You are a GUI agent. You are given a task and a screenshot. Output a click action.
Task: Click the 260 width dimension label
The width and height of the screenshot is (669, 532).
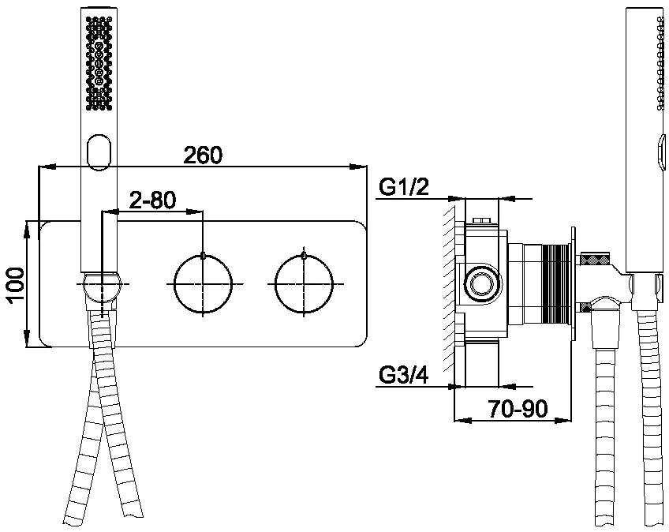203,155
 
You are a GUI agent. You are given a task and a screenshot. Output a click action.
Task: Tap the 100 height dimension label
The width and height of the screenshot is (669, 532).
15,285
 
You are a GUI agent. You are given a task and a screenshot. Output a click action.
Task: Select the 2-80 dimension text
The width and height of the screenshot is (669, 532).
152,200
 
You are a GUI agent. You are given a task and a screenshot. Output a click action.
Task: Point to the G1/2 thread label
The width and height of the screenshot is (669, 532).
404,188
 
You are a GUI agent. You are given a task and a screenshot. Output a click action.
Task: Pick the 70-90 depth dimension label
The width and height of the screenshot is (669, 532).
518,409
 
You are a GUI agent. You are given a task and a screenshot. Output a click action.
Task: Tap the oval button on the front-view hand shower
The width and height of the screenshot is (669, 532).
99,153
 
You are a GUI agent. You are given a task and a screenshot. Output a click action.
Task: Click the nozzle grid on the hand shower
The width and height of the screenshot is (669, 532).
99,62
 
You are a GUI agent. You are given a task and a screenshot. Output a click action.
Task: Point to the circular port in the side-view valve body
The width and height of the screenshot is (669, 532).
483,283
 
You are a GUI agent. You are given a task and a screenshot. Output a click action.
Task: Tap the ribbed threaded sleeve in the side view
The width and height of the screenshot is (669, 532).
555,285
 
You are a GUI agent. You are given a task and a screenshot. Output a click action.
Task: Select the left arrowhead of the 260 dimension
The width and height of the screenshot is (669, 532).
47,167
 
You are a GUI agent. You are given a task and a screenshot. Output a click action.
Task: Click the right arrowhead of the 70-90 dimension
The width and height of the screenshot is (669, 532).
563,420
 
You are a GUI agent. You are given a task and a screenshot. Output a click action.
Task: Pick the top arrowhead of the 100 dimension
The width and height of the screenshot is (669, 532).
27,229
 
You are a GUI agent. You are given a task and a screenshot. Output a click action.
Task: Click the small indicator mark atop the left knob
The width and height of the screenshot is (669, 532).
203,255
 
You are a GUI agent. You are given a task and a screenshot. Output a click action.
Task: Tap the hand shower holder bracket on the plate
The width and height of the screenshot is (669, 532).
103,289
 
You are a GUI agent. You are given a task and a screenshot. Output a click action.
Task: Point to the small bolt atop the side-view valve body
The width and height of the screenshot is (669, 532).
483,221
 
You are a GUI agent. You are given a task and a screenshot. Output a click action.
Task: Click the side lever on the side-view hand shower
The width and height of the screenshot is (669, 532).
662,152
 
